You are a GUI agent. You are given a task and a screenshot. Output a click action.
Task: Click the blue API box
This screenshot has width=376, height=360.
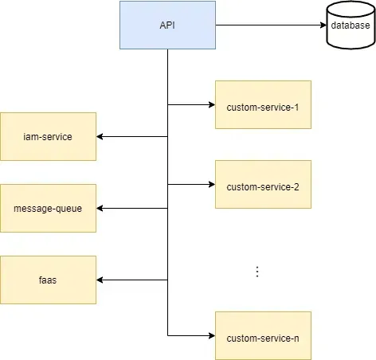(x=167, y=25)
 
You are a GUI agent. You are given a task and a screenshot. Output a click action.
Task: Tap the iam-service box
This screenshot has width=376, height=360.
(x=48, y=136)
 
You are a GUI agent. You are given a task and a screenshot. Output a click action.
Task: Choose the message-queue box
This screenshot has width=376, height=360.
(x=48, y=208)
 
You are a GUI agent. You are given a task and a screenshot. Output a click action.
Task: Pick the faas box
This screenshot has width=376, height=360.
(x=48, y=280)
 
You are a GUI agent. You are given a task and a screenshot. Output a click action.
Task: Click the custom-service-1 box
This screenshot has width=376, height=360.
(x=263, y=104)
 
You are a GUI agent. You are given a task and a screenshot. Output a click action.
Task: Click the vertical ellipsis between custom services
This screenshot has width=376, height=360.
(x=257, y=272)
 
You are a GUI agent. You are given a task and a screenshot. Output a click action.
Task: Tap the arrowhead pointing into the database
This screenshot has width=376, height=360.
(x=322, y=25)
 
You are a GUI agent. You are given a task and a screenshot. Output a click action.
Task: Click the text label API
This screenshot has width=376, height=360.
(x=167, y=25)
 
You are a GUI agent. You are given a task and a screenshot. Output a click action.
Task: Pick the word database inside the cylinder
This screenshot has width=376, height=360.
(x=350, y=26)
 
